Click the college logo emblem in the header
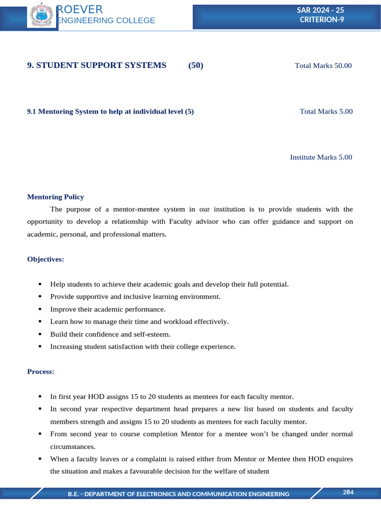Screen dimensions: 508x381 42,15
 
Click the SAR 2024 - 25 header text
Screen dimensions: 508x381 323,10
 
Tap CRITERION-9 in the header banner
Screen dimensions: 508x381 322,19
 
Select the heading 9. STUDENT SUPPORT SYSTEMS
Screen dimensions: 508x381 97,65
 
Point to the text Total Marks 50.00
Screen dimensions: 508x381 323,65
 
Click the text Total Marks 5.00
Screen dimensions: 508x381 326,112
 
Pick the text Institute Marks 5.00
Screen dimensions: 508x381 321,157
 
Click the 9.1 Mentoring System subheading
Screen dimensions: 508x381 110,112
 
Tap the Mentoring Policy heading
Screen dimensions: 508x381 56,197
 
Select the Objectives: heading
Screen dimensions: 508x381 46,259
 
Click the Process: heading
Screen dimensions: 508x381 41,371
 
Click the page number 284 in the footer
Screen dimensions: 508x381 348,492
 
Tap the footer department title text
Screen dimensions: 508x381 179,494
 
